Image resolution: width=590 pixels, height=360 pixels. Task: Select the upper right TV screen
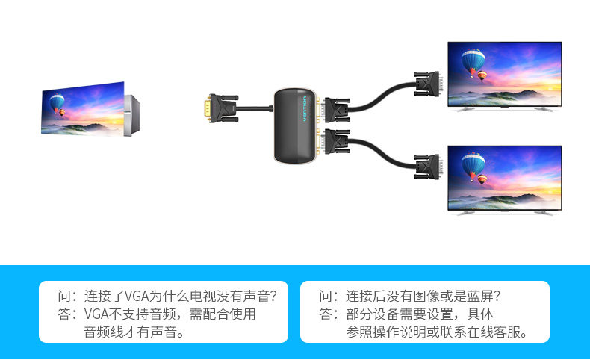[503, 72]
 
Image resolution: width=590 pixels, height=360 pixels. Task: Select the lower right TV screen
[503, 176]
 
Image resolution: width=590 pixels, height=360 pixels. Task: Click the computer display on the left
[83, 109]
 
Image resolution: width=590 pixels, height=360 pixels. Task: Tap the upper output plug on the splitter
[334, 109]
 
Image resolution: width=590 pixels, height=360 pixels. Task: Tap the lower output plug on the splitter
[334, 141]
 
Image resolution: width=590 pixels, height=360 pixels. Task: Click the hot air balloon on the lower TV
[472, 165]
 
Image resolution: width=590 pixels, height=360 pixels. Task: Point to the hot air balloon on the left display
[57, 102]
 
